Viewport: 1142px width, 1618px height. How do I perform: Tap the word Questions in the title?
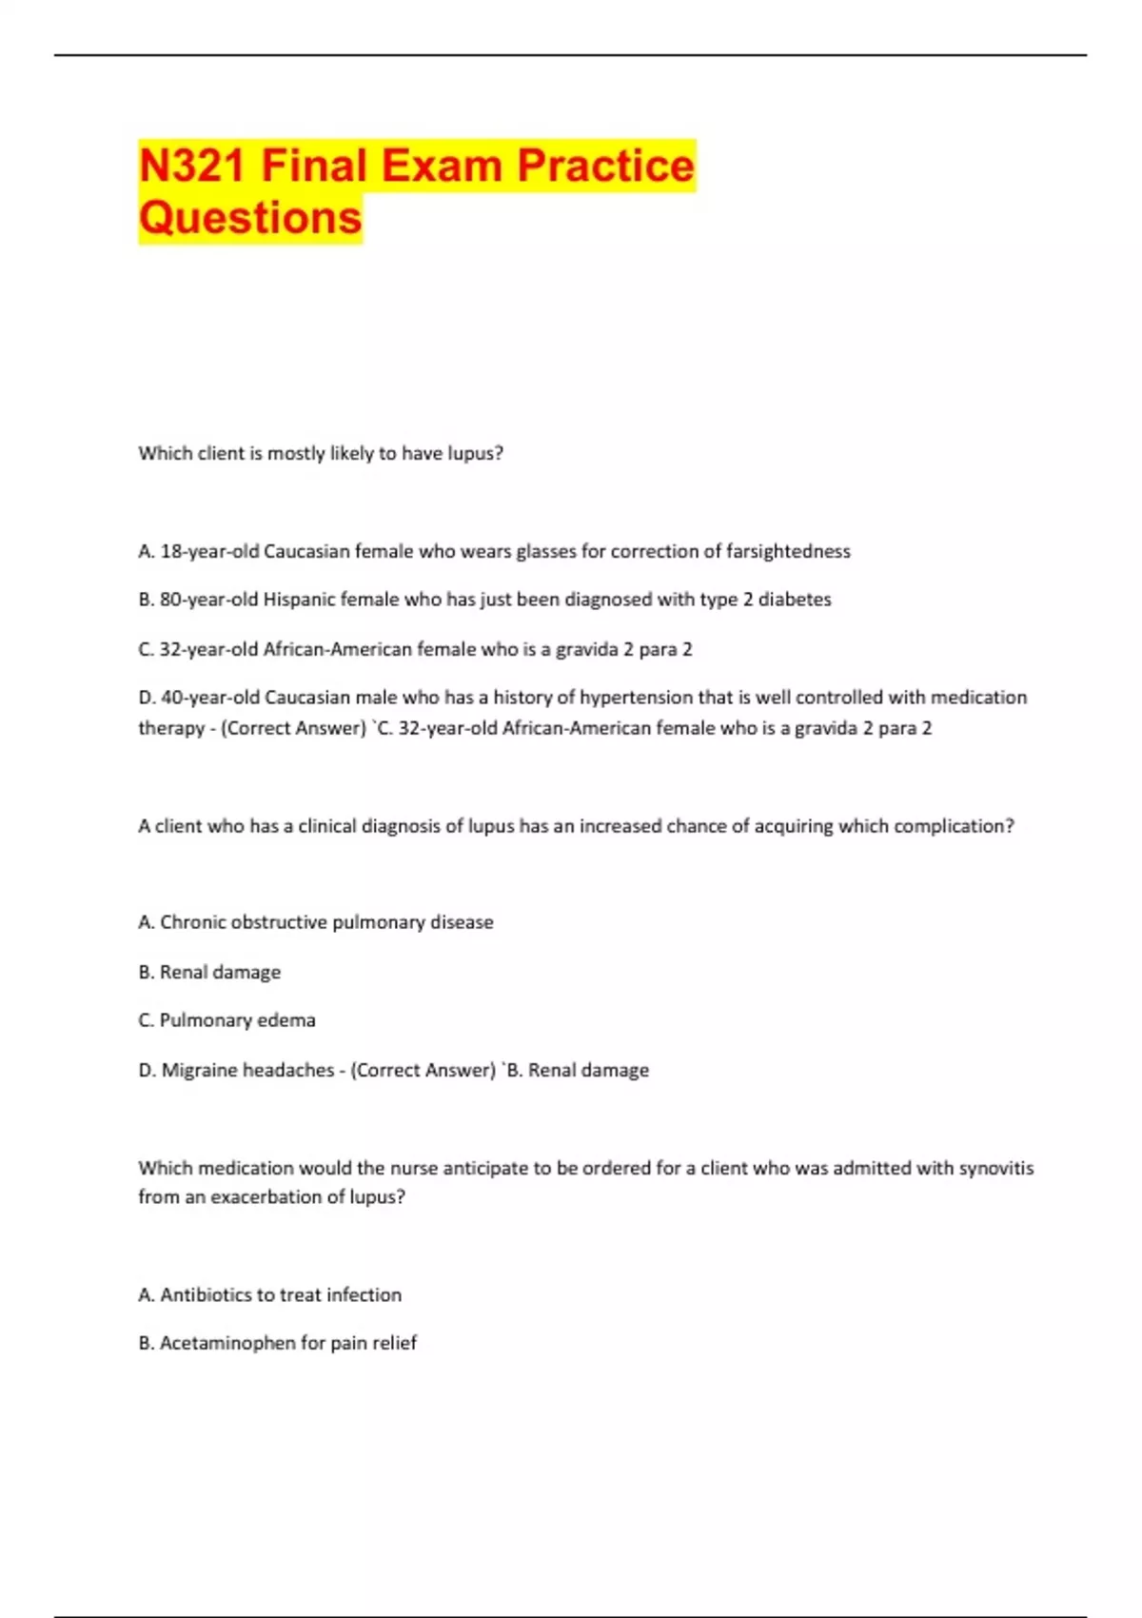coord(250,218)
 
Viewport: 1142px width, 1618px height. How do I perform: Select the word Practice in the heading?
coord(605,166)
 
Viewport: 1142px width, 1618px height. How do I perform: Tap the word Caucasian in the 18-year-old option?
coord(306,551)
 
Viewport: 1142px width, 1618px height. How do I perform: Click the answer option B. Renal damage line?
coord(209,972)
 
